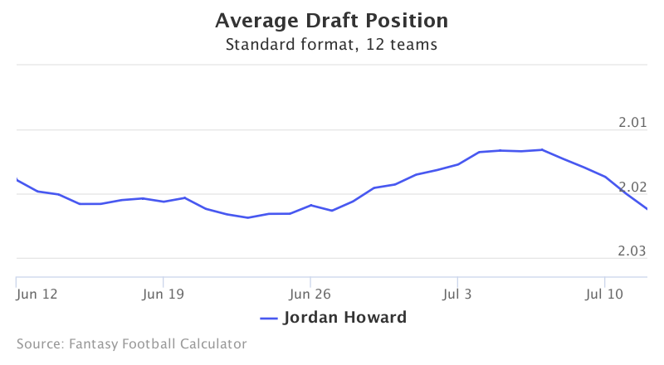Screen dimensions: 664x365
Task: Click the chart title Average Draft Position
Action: (x=331, y=22)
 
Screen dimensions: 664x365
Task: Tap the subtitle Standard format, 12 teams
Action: (x=331, y=45)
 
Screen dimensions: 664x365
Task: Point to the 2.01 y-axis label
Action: (x=632, y=123)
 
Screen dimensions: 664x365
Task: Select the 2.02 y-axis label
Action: (x=632, y=187)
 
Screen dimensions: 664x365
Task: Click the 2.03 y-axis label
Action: (x=632, y=251)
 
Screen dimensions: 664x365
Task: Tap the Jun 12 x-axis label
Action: (x=37, y=294)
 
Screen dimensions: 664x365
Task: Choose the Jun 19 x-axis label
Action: (x=163, y=294)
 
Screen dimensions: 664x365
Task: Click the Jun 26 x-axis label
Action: (x=310, y=294)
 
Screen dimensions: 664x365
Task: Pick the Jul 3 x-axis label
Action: (x=457, y=294)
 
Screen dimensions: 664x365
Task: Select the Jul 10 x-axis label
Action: (x=604, y=294)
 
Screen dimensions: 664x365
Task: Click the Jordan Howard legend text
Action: (x=345, y=318)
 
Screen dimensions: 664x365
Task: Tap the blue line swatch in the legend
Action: (x=268, y=319)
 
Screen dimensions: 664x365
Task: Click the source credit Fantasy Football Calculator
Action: (x=158, y=343)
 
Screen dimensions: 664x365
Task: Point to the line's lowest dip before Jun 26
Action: (x=247, y=217)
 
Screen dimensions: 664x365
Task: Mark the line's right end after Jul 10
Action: (x=647, y=209)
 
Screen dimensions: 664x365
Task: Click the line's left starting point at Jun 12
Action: (x=17, y=179)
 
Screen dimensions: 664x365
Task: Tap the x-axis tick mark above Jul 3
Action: (x=457, y=282)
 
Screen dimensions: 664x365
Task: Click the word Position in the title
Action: (x=407, y=22)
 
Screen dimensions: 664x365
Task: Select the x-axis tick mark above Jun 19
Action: (x=163, y=282)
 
